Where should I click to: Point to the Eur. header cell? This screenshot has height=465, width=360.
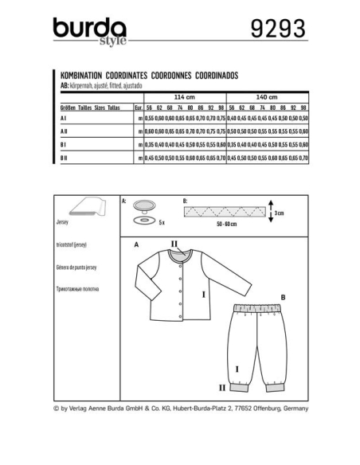(x=139, y=105)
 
